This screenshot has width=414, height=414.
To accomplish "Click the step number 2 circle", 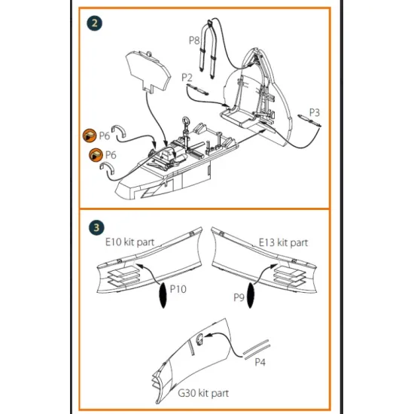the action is coord(94,23).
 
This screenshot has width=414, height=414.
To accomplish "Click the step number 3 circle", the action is coord(96,227).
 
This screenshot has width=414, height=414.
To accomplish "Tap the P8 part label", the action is coord(194,40).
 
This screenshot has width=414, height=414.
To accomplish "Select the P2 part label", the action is coord(187,78).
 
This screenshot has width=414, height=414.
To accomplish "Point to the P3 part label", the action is coord(314,112).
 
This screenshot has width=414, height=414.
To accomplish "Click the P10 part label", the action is coord(178,289).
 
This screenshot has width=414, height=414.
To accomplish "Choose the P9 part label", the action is coord(239,297).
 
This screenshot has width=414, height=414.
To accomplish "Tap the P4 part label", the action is coord(260,362).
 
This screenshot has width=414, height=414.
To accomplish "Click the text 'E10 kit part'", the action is coord(129,242).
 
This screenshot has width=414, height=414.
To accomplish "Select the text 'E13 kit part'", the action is coord(283,242).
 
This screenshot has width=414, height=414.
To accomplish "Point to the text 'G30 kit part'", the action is coord(203,393).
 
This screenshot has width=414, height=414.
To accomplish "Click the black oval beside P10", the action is coord(163,295).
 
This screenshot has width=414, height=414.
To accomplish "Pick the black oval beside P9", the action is coord(251,295).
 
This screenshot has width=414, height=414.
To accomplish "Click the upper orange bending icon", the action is coord(90,135).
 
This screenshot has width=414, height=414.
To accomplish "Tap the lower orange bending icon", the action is coord(96,155).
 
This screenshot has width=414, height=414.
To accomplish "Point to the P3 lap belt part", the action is coord(309,120).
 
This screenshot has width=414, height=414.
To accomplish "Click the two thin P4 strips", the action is coord(257,349).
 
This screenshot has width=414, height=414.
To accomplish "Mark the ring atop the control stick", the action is coord(186,122).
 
